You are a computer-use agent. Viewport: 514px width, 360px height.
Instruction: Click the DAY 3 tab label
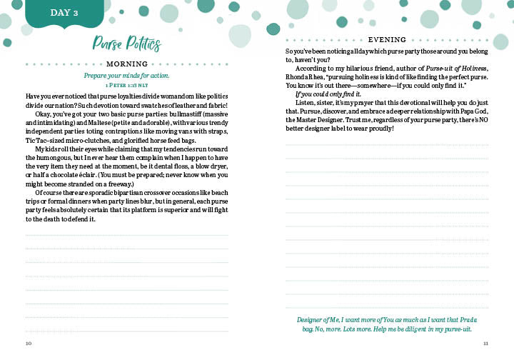[65, 13]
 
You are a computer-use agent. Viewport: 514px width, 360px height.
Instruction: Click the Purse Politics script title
[126, 44]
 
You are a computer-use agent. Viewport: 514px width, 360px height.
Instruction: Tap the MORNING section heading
[126, 64]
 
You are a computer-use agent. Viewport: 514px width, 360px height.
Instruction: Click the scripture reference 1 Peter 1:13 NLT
[127, 85]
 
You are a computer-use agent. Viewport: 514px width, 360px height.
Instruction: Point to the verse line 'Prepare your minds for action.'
[127, 76]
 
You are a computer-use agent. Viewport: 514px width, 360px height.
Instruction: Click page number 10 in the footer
[29, 344]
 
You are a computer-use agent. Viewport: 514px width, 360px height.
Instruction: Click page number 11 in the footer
[485, 344]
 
